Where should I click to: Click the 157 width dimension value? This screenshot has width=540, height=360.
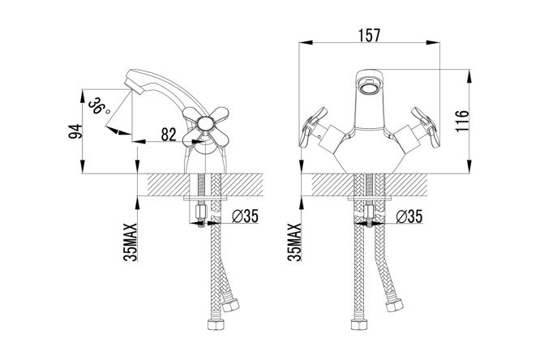[x=369, y=36]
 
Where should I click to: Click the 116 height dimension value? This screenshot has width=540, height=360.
[x=462, y=121]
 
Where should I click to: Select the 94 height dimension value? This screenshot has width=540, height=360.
[x=75, y=131]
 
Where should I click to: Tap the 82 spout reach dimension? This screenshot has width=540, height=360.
[x=169, y=135]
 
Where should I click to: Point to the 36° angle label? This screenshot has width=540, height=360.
[x=99, y=106]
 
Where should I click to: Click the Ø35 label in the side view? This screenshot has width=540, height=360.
[x=245, y=216]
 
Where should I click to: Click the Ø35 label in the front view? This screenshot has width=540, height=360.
[x=409, y=216]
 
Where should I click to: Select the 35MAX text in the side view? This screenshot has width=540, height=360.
[x=131, y=242]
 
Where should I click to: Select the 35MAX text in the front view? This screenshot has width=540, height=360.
[x=294, y=242]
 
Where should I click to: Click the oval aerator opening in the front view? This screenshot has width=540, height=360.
[x=369, y=87]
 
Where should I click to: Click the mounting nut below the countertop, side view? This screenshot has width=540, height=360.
[x=200, y=212]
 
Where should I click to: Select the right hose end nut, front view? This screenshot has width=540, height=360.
[x=395, y=306]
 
